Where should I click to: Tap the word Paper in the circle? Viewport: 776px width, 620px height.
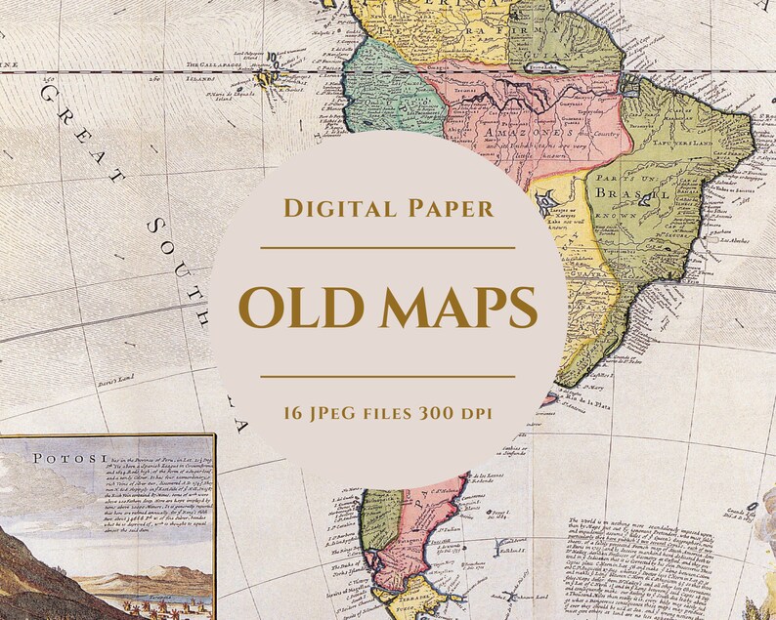point(445,208)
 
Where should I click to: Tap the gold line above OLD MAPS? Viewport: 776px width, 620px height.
point(387,248)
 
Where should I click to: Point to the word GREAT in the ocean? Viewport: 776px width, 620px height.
point(78,138)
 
